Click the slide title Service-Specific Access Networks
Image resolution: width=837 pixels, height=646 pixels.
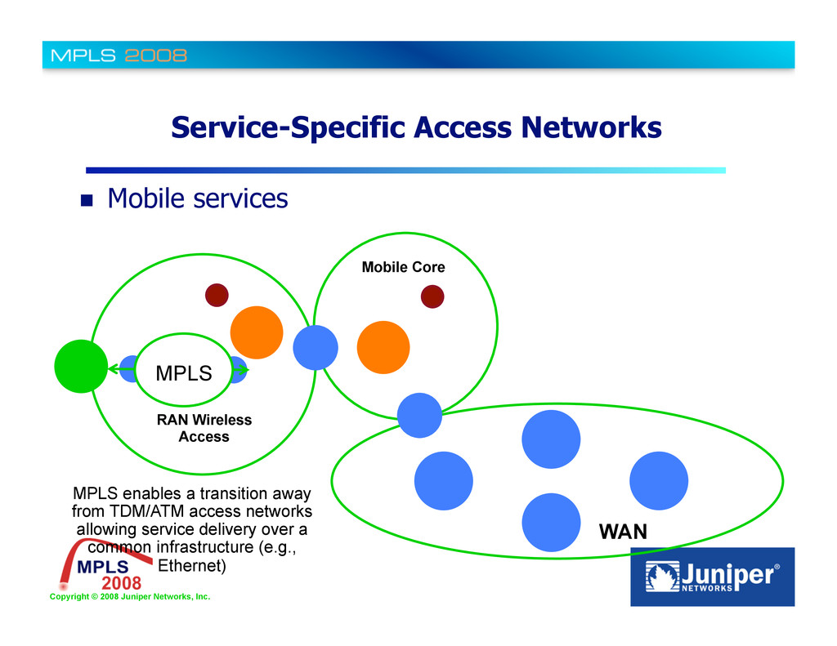[416, 127]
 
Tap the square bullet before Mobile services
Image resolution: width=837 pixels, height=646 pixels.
[87, 199]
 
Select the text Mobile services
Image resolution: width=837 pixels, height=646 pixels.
[198, 198]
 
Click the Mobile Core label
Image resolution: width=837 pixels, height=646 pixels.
[403, 267]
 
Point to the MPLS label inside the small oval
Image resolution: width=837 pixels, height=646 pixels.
[184, 373]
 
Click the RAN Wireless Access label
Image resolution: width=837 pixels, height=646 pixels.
[204, 428]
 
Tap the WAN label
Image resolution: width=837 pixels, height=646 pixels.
[623, 532]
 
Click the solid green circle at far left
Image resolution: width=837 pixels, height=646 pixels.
[81, 366]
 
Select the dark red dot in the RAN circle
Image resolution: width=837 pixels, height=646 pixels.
[216, 295]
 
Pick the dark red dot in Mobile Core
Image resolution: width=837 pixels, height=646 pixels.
[432, 296]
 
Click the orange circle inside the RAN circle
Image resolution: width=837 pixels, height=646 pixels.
[257, 332]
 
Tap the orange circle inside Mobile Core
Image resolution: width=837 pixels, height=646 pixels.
[383, 347]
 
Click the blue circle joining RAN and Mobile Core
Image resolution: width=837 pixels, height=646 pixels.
[316, 347]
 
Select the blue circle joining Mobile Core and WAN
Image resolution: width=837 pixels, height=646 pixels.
[419, 415]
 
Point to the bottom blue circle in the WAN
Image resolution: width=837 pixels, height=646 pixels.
[551, 521]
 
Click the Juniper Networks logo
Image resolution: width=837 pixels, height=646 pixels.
[712, 577]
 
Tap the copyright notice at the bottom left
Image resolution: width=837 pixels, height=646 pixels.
[129, 597]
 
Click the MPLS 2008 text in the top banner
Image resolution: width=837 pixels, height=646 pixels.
[119, 56]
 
